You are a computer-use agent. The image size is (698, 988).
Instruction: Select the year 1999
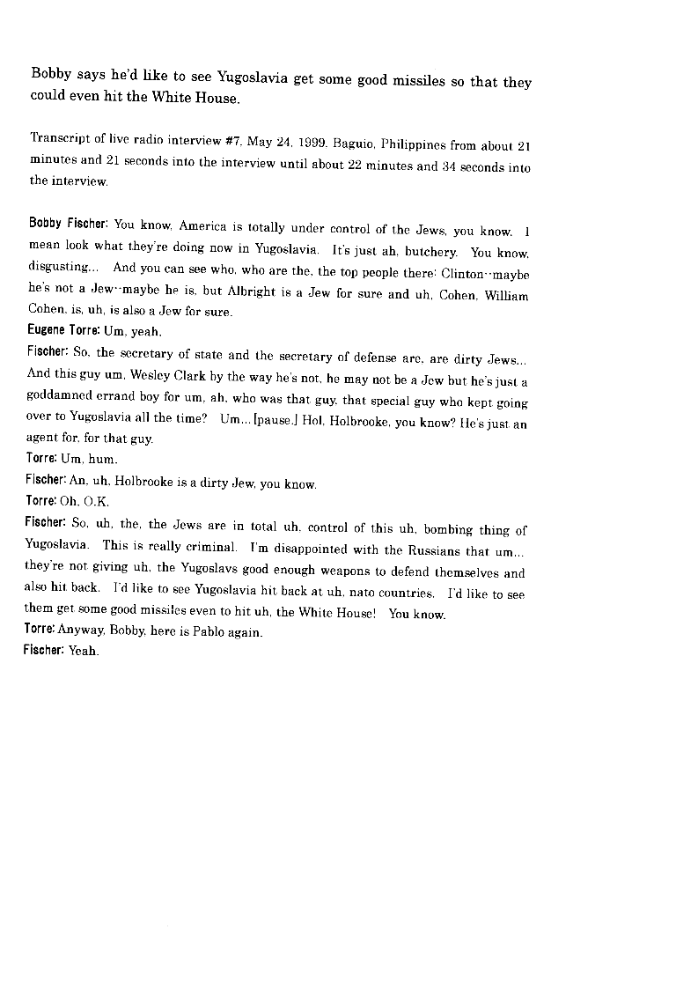[309, 141]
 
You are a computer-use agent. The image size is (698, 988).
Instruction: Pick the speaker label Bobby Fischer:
[69, 224]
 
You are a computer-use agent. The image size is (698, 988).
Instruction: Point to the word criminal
[208, 547]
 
